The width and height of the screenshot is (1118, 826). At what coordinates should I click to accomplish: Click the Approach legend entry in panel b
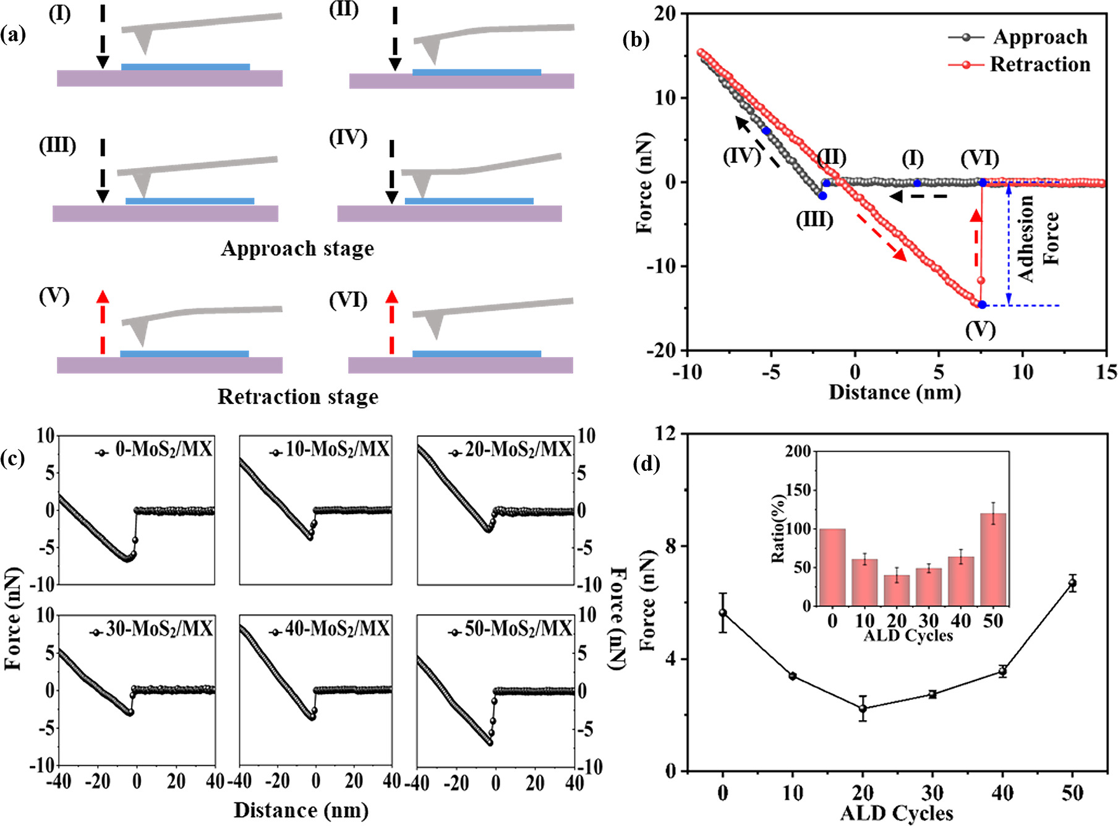pos(1039,37)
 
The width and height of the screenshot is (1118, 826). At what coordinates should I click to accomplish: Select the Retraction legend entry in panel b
pos(1039,64)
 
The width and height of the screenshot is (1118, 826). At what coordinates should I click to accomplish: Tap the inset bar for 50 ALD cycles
pos(993,559)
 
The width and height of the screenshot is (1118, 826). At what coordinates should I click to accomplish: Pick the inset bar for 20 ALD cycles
pos(897,590)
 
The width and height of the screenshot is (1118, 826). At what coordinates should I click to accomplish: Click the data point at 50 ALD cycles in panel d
pos(1072,583)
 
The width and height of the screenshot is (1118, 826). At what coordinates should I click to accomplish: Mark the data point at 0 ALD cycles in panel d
pos(722,613)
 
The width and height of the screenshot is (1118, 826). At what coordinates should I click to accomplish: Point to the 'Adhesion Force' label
pos(1039,239)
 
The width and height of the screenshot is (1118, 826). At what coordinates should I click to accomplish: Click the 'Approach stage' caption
pos(297,249)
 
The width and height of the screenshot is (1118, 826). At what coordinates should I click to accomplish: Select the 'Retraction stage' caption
pos(297,397)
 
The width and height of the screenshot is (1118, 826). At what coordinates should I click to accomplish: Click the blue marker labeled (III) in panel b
pos(822,196)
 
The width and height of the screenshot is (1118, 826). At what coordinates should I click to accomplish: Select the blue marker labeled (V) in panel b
pos(982,304)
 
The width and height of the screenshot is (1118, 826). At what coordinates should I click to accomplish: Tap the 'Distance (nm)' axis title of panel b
pos(894,393)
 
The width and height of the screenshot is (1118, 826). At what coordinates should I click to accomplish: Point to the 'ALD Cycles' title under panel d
pos(896,813)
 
